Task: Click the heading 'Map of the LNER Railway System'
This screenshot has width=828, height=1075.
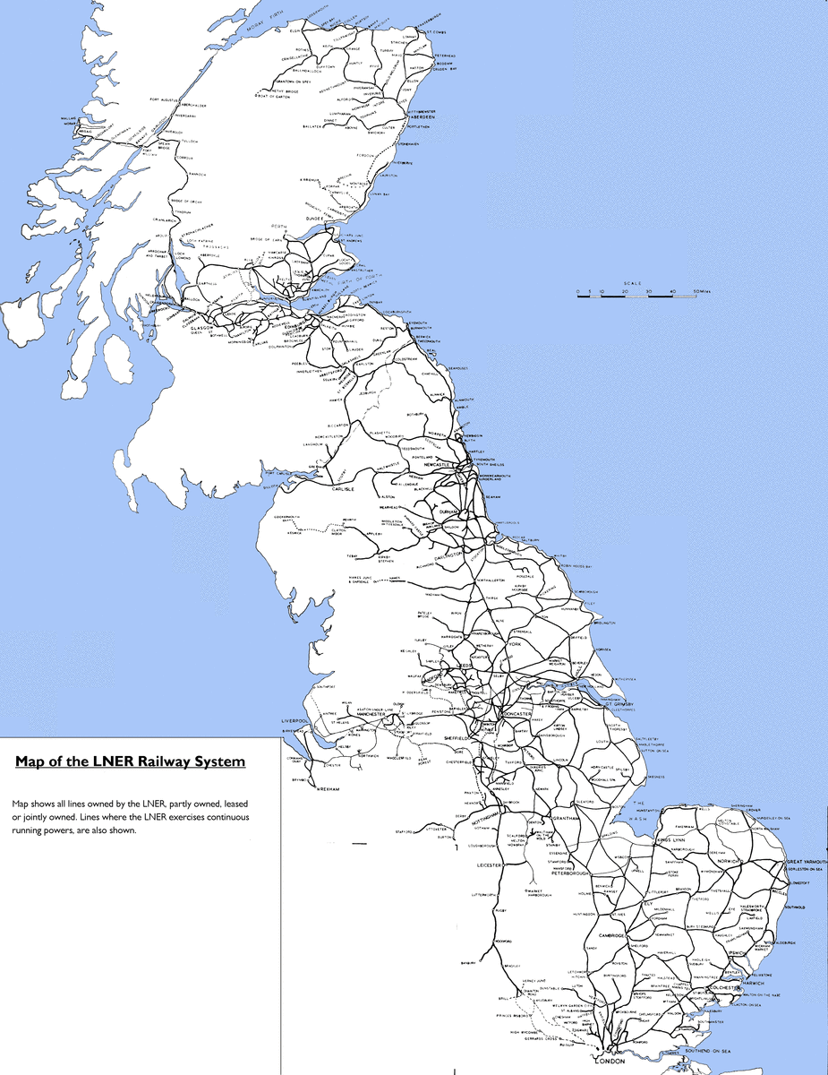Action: [130, 762]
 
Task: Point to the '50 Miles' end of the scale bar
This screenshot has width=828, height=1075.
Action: [700, 292]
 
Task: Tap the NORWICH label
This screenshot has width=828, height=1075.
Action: [729, 861]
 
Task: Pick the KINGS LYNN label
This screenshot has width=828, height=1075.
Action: [675, 840]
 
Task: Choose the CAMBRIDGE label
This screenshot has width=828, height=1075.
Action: [619, 935]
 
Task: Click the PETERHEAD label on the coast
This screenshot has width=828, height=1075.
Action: [446, 56]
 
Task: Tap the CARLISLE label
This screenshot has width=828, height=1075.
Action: [345, 490]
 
